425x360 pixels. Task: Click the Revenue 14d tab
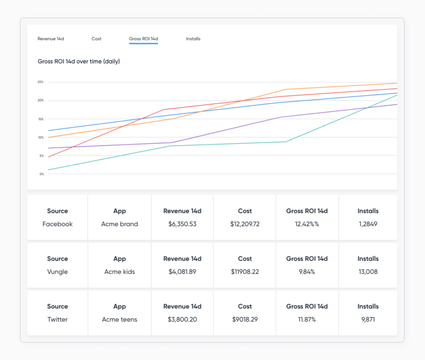pos(51,39)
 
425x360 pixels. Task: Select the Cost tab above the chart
pos(96,39)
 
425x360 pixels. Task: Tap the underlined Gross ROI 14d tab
pos(143,39)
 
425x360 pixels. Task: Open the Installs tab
pos(193,39)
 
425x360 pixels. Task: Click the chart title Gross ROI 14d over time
pos(78,61)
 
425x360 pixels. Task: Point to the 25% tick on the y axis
pos(40,82)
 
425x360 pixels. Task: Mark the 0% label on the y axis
pos(41,174)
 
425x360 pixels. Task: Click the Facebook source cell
pos(57,224)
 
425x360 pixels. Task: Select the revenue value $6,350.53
pos(182,224)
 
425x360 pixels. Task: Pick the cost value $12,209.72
pos(244,224)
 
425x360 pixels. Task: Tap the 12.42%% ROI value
pos(307,224)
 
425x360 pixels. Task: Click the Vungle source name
pos(57,272)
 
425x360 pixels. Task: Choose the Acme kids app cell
pos(120,272)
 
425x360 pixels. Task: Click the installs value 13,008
pos(368,272)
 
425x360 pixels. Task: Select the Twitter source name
pos(57,319)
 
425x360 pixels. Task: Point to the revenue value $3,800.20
pos(182,319)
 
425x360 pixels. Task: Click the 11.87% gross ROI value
pos(307,319)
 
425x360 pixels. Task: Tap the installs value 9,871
pos(368,319)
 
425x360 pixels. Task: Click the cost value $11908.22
pos(244,272)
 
